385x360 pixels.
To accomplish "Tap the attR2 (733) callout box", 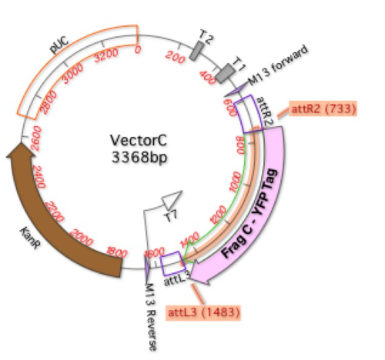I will pos(323,109).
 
